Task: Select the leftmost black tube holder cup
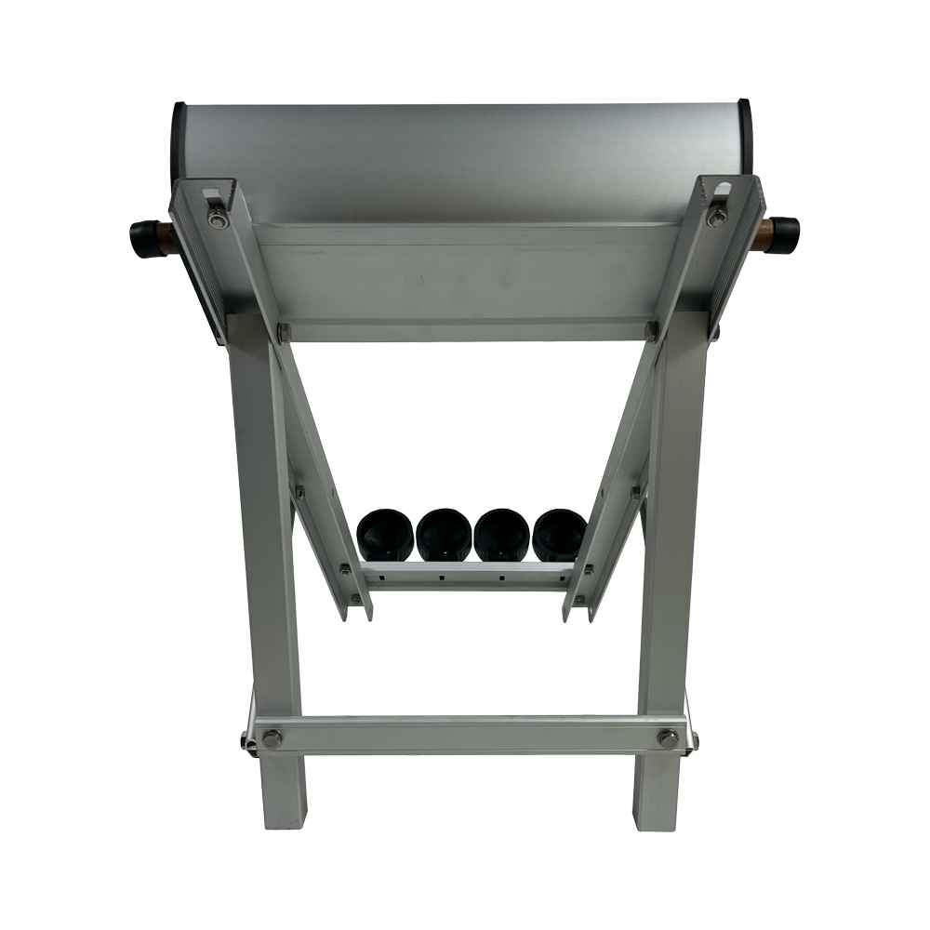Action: [x=385, y=534]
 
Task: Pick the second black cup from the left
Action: [x=444, y=534]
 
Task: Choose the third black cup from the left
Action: [x=501, y=534]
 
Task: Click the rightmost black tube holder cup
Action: [x=559, y=534]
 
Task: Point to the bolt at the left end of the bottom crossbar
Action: [x=272, y=739]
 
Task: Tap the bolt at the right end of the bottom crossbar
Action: [x=668, y=739]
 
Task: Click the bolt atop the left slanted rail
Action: [x=218, y=219]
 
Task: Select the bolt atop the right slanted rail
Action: [x=717, y=217]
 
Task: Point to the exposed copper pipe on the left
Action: [x=169, y=239]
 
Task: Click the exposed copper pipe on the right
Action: [x=762, y=233]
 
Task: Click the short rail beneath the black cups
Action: [x=465, y=576]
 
